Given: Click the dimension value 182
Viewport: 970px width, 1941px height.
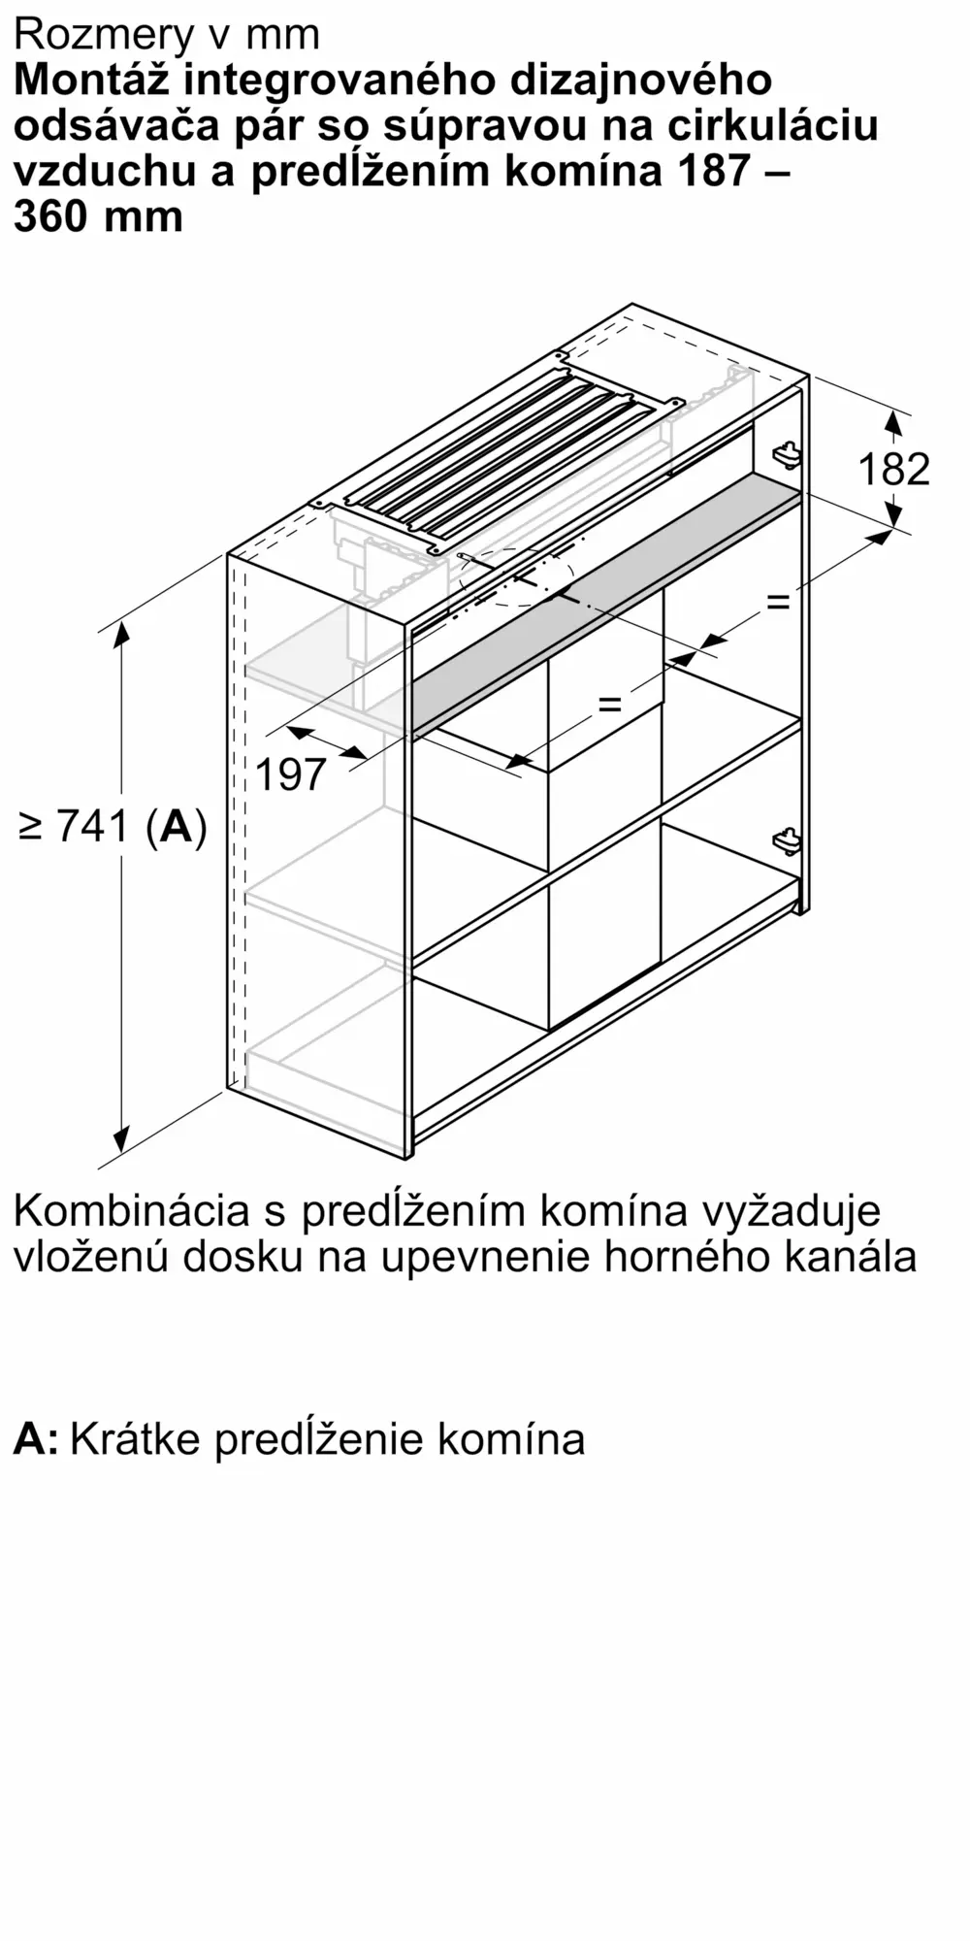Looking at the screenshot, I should tap(893, 470).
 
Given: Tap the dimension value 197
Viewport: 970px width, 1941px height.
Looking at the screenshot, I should tap(291, 774).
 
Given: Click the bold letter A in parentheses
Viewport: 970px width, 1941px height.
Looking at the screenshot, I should tap(177, 827).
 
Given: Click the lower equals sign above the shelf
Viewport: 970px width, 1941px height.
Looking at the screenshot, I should tap(609, 703).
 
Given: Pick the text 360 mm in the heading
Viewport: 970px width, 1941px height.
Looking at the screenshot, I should tap(98, 216).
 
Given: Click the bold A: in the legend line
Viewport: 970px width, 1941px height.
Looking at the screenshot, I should tap(36, 1438).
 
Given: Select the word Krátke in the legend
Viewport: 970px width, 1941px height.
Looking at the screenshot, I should tap(135, 1438).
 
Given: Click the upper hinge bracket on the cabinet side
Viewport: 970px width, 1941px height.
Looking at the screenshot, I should tap(786, 452).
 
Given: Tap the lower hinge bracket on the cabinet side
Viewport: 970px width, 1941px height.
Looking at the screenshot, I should tap(786, 840).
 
